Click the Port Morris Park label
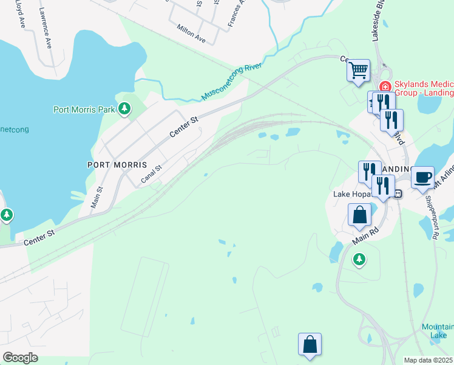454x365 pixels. pos(84,110)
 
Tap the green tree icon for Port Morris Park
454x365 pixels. pos(124,108)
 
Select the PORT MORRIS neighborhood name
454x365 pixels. pos(117,165)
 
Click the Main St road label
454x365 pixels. pos(97,198)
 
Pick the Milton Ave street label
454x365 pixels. pos(191,33)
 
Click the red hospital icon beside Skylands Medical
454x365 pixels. pos(384,88)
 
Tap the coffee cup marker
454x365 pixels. pos(422,177)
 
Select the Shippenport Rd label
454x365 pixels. pos(431,213)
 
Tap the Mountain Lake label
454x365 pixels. pos(438,331)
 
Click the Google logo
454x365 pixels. pos(20,358)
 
